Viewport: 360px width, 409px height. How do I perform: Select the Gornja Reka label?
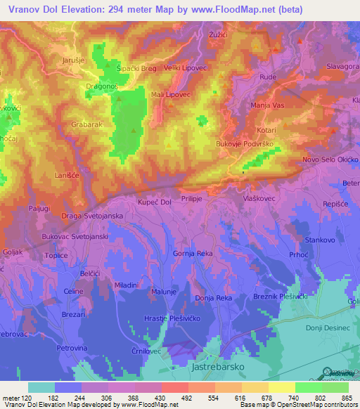click(x=193, y=253)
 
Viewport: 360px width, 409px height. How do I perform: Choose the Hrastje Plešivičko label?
click(x=174, y=318)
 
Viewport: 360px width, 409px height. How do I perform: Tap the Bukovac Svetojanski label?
click(x=75, y=238)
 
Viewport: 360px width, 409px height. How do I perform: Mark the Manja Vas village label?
click(x=266, y=105)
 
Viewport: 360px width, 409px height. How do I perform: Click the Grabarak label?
click(x=87, y=124)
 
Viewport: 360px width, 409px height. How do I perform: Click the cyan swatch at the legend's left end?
click(x=41, y=387)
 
